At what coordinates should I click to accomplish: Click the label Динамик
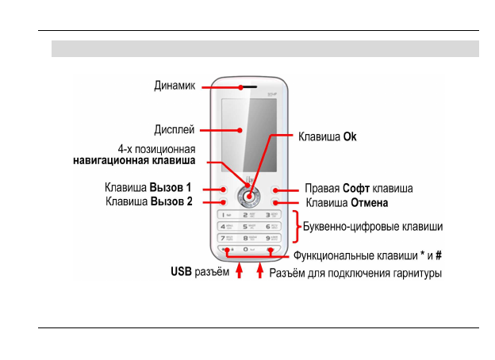click(175, 86)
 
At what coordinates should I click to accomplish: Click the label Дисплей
click(175, 128)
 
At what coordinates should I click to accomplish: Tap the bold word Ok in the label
click(350, 136)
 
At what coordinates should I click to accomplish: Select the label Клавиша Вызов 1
click(149, 189)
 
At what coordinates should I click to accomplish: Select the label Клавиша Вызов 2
click(149, 201)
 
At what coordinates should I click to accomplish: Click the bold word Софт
click(356, 189)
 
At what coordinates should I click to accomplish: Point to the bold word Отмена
click(370, 201)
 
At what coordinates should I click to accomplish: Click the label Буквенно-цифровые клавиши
click(374, 226)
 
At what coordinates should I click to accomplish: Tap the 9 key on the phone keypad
click(272, 238)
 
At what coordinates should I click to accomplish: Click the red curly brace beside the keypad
click(297, 227)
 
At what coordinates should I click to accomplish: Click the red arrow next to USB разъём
click(239, 273)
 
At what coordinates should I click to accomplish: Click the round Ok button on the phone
click(249, 198)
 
